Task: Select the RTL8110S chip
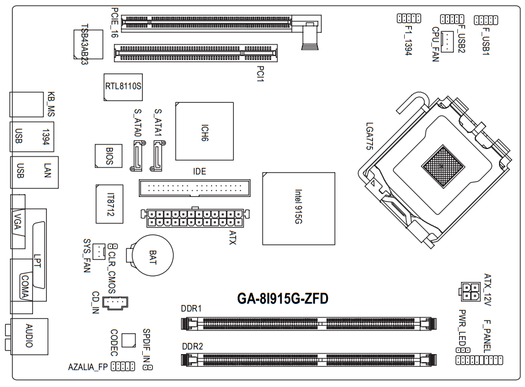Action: point(123,87)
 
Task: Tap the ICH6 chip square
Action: point(204,132)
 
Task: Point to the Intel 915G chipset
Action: point(298,209)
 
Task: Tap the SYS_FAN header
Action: point(99,251)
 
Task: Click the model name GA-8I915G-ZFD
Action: point(282,299)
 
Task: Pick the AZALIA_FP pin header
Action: point(123,366)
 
